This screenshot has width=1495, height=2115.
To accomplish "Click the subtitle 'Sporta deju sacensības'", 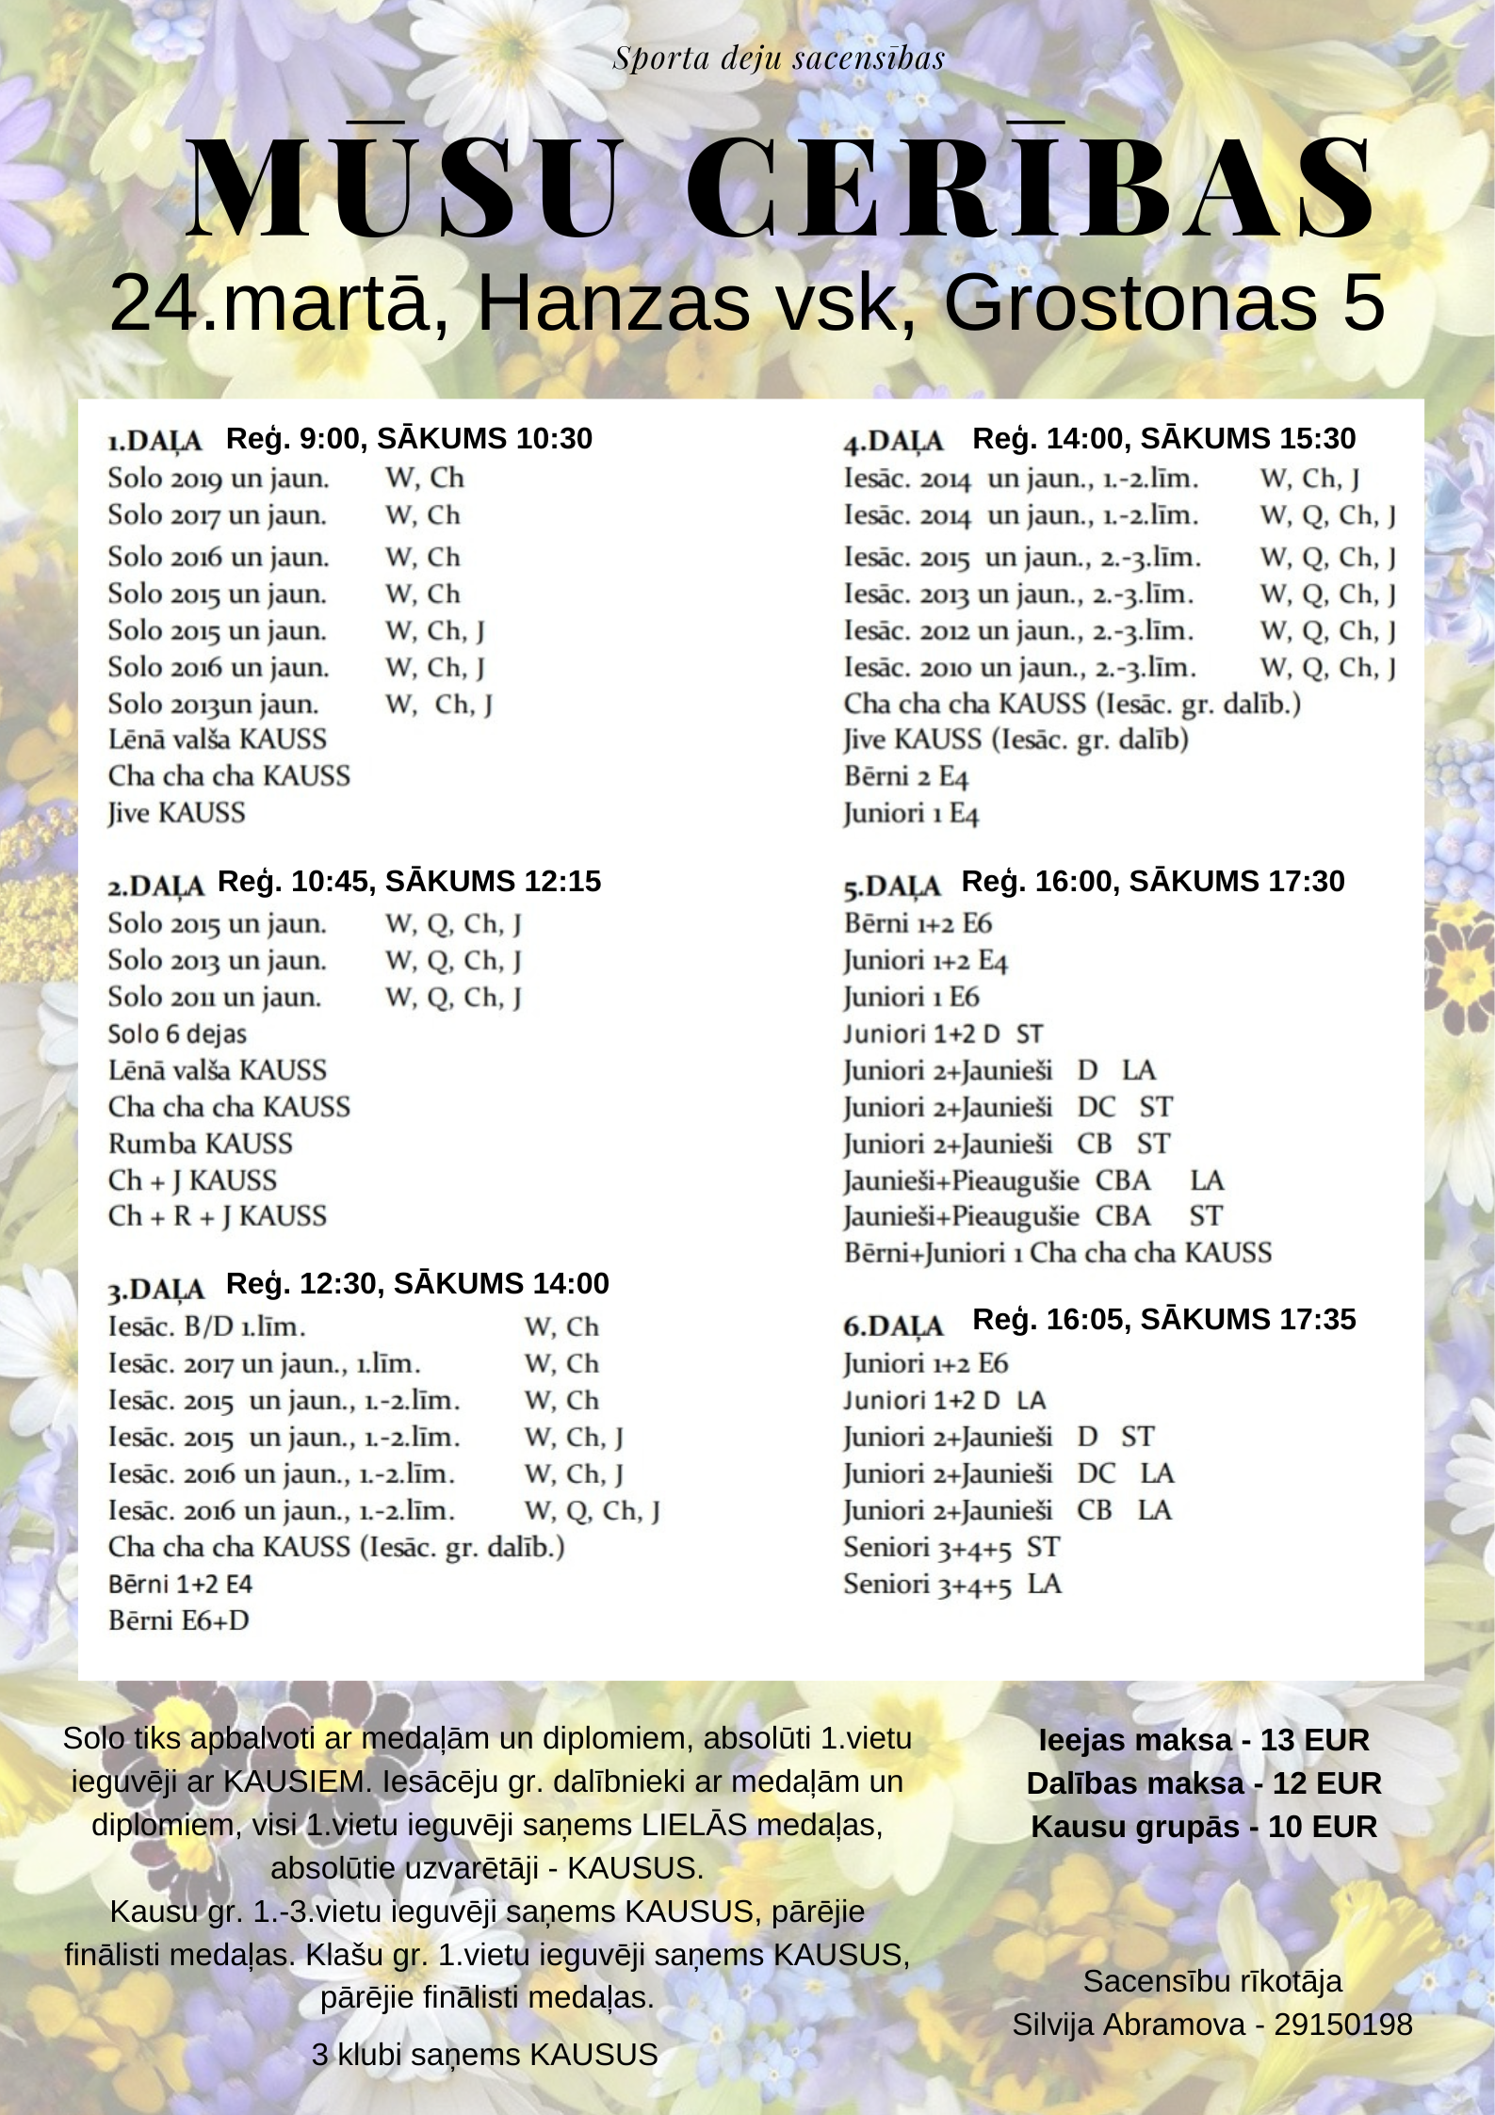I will click(778, 58).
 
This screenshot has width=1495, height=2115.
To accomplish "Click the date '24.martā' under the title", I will click(268, 303).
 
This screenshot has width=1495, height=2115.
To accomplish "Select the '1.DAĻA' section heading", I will click(155, 441).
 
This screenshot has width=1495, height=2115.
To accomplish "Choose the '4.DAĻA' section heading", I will click(894, 441).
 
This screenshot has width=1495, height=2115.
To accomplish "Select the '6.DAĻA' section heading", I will click(893, 1326).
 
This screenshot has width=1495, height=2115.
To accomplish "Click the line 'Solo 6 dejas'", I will click(177, 1033).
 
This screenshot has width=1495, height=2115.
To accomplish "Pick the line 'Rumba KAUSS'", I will click(200, 1144).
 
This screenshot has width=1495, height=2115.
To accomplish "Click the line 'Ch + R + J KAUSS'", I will click(218, 1216).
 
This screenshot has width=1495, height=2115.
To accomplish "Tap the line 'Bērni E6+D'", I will click(179, 1620).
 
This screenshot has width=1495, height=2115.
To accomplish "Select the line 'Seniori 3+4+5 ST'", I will click(951, 1547).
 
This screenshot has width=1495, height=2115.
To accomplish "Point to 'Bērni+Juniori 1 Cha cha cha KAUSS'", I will click(1057, 1253).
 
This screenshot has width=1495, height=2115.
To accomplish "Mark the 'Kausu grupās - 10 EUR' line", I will click(1203, 1827).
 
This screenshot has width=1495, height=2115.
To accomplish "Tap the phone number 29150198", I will click(1342, 2024).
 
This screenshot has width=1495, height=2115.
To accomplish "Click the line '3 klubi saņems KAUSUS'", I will click(484, 2054).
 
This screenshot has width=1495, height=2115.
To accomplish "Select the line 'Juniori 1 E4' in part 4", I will click(911, 814).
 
